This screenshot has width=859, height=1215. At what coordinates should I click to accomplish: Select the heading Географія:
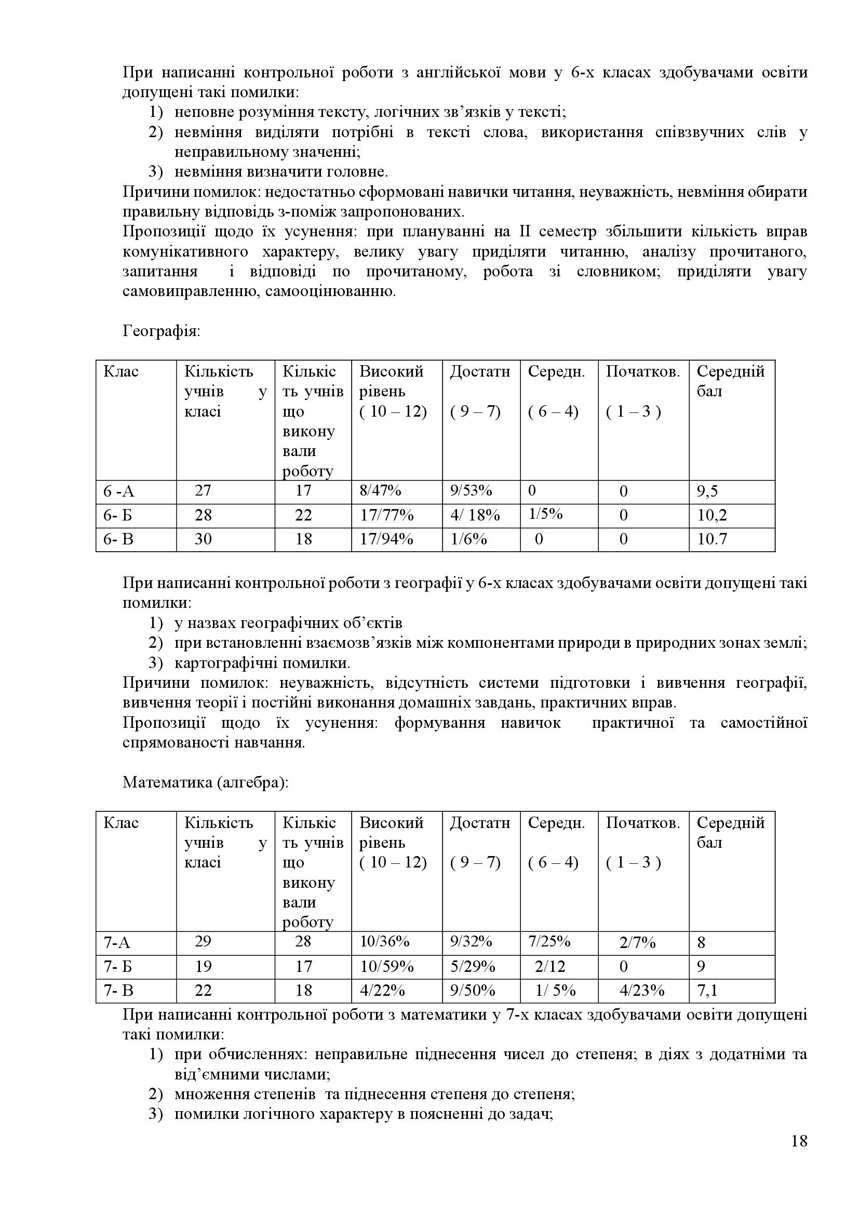tap(162, 331)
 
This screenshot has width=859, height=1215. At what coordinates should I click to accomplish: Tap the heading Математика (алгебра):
tap(206, 782)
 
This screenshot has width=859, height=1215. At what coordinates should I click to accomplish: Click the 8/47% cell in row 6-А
tap(380, 490)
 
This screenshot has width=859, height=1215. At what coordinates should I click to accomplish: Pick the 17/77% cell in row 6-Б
tap(387, 515)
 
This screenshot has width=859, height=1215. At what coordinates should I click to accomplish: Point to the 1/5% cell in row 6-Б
tap(545, 514)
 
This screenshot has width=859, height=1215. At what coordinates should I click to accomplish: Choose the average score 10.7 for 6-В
tap(712, 539)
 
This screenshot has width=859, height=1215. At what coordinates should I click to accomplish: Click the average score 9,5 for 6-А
tap(707, 491)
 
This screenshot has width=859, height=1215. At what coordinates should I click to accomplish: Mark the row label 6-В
tap(118, 539)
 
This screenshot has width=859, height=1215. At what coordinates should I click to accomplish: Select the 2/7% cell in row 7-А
tap(637, 942)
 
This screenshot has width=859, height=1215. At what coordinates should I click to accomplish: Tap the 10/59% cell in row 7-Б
tap(387, 967)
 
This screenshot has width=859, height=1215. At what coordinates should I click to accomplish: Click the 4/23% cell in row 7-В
tap(641, 990)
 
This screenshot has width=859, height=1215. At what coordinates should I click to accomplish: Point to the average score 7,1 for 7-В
tap(707, 991)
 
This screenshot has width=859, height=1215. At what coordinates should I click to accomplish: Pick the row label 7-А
tap(117, 942)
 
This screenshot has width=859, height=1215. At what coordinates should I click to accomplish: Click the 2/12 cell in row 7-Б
tap(550, 967)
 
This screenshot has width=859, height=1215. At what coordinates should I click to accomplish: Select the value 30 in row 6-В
tap(203, 539)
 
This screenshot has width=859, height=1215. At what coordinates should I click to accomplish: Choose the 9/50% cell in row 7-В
tap(472, 990)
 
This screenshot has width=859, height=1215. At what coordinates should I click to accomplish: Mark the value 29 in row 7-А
tap(203, 941)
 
